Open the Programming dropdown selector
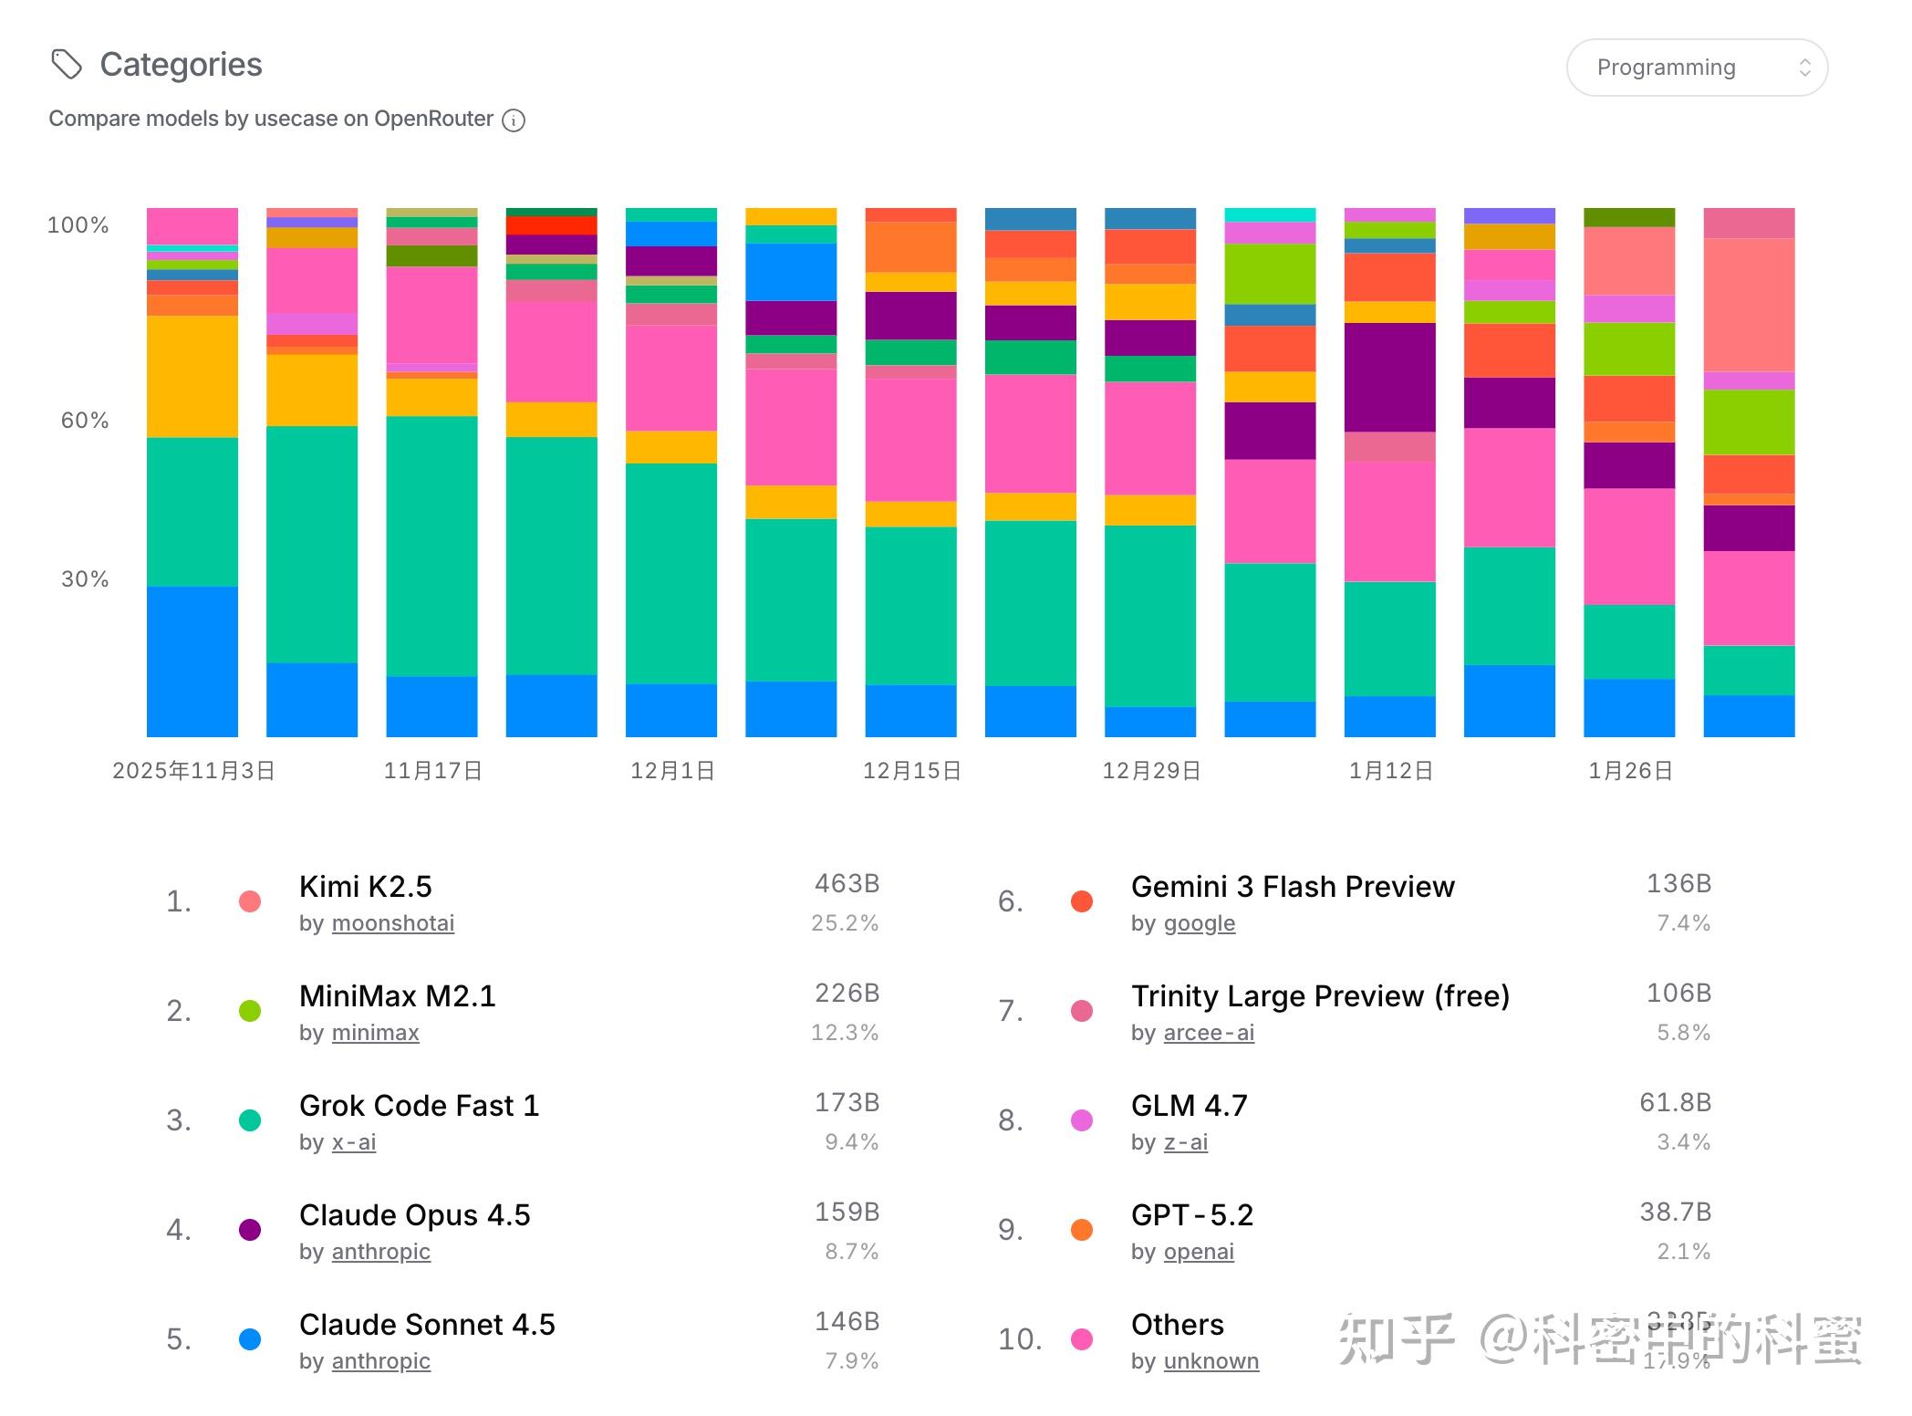1696,68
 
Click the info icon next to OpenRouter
514,120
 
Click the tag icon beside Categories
66,65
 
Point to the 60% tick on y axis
84,421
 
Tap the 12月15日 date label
911,771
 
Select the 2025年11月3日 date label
193,771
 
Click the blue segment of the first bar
192,661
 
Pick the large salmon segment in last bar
1749,304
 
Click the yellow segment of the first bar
192,376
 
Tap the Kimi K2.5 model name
365,887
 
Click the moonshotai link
393,923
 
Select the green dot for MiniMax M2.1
250,1011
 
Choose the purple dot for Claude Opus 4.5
250,1230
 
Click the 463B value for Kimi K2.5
847,883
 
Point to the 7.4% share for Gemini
1683,923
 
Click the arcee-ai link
1209,1033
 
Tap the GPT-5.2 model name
1191,1215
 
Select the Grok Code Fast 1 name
419,1106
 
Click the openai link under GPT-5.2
1199,1252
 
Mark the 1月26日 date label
1630,771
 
